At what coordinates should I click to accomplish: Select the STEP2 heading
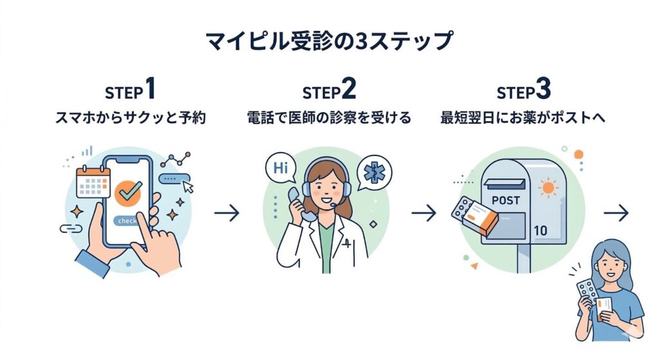click(x=329, y=91)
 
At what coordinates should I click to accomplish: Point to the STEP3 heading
click(x=524, y=91)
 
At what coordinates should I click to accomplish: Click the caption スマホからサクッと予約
click(x=131, y=118)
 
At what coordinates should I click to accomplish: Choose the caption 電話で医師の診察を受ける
click(x=329, y=118)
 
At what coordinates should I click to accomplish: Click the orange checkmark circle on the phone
click(x=129, y=191)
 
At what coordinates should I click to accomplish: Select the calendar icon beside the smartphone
click(x=93, y=182)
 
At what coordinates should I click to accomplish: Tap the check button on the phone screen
click(x=127, y=221)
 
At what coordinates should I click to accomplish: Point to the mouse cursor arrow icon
click(x=188, y=187)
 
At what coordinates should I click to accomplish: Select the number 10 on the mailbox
click(x=540, y=230)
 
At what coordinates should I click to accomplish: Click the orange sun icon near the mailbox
click(x=548, y=188)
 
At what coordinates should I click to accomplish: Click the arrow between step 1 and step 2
click(x=227, y=213)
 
